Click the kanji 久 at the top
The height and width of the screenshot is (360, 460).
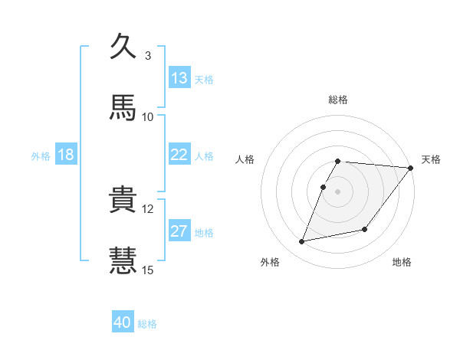pyautogui.click(x=123, y=47)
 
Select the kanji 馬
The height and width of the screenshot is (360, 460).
pyautogui.click(x=123, y=108)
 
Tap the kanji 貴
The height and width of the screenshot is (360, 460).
pyautogui.click(x=123, y=200)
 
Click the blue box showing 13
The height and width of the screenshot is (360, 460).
pyautogui.click(x=179, y=78)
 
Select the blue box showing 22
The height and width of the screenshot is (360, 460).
pyautogui.click(x=179, y=155)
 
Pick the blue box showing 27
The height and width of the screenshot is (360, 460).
pyautogui.click(x=179, y=231)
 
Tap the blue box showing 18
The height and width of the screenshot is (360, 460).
pyautogui.click(x=66, y=155)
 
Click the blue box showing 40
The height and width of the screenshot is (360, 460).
pyautogui.click(x=123, y=322)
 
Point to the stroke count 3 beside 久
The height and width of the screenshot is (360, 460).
pyautogui.click(x=147, y=55)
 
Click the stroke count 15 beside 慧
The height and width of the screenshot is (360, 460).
pyautogui.click(x=148, y=270)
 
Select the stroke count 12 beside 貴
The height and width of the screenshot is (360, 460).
pyautogui.click(x=148, y=208)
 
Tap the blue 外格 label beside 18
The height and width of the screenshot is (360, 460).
pyautogui.click(x=41, y=155)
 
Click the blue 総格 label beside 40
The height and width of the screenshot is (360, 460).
pyautogui.click(x=147, y=324)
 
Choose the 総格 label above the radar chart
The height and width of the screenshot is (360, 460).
pyautogui.click(x=338, y=100)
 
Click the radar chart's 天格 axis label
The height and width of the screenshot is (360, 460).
pyautogui.click(x=432, y=159)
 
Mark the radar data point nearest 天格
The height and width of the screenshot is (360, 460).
pyautogui.click(x=410, y=168)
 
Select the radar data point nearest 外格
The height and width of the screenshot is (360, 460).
pyautogui.click(x=302, y=241)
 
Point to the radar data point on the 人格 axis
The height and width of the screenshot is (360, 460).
pyautogui.click(x=324, y=187)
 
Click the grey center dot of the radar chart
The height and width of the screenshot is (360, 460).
pyautogui.click(x=338, y=191)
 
